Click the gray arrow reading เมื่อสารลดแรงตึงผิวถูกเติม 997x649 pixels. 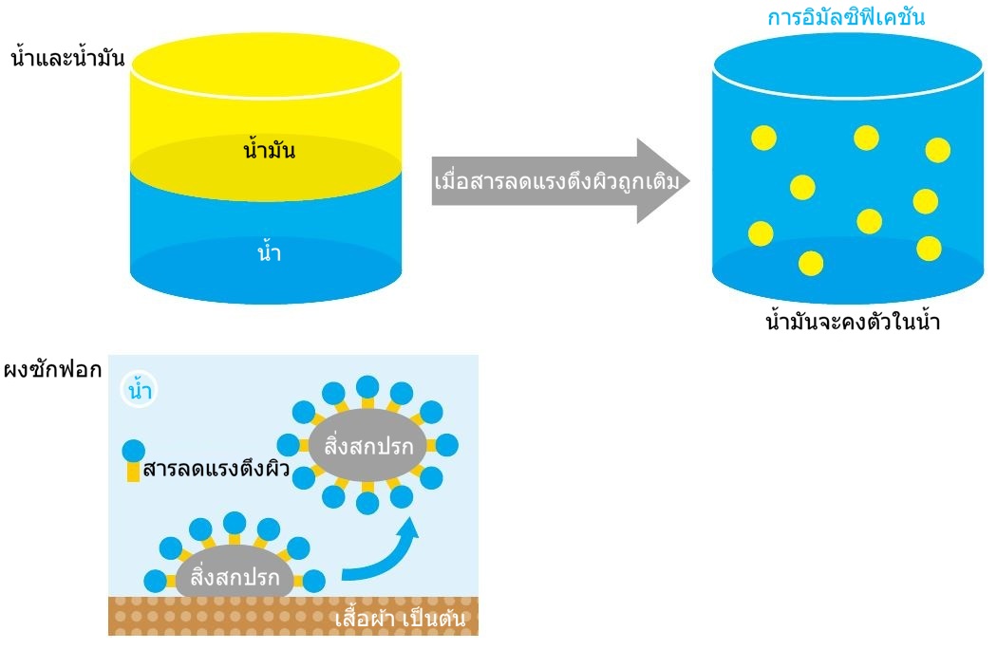click(x=556, y=181)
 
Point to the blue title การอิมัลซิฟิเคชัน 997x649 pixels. click(x=846, y=17)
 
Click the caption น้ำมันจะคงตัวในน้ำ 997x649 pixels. click(x=852, y=322)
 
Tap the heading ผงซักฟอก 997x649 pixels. click(x=52, y=370)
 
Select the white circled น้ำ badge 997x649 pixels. click(x=140, y=390)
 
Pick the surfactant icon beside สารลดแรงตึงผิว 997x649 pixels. click(x=134, y=459)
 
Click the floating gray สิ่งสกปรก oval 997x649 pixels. click(x=367, y=443)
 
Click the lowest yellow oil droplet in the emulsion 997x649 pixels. click(x=810, y=263)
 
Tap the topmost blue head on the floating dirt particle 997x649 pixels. click(x=367, y=385)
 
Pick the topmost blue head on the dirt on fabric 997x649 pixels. click(x=235, y=521)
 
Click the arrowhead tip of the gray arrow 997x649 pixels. click(x=687, y=181)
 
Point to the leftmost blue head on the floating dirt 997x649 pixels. click(x=288, y=443)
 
